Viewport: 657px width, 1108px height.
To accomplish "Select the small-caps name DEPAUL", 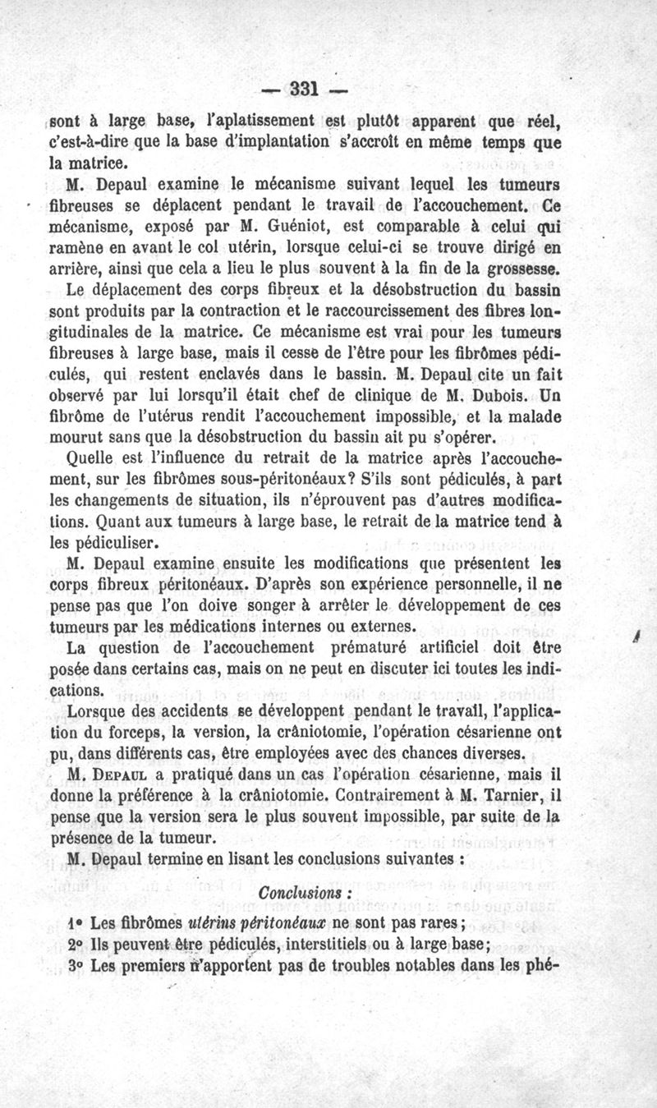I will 126,775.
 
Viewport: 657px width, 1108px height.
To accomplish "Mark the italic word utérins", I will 219,922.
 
